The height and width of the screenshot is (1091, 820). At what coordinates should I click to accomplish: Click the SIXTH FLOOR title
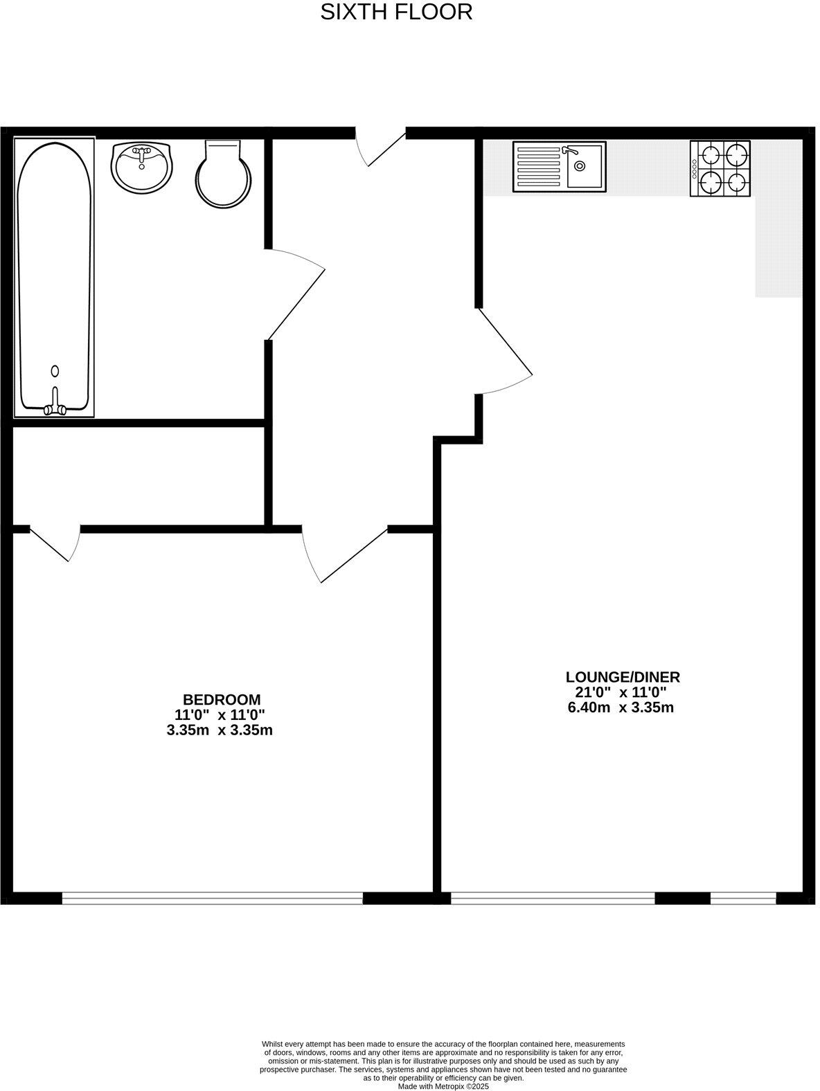396,12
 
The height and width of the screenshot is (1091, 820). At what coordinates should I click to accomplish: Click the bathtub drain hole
55,371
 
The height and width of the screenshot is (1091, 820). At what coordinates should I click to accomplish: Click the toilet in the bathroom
223,175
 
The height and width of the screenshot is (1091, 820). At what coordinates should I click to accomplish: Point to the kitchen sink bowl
584,166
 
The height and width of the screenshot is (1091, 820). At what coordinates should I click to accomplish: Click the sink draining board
539,167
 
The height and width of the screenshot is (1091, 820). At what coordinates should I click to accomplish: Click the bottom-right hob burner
736,182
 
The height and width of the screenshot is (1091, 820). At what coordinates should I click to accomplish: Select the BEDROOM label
221,699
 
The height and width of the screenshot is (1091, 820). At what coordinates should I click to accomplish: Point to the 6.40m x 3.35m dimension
621,707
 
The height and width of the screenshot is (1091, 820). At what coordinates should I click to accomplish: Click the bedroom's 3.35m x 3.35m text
220,730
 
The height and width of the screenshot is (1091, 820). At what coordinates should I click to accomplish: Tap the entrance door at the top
381,147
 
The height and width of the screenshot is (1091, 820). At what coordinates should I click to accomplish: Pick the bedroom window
212,899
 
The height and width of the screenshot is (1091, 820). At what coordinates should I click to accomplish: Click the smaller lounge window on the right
742,899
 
